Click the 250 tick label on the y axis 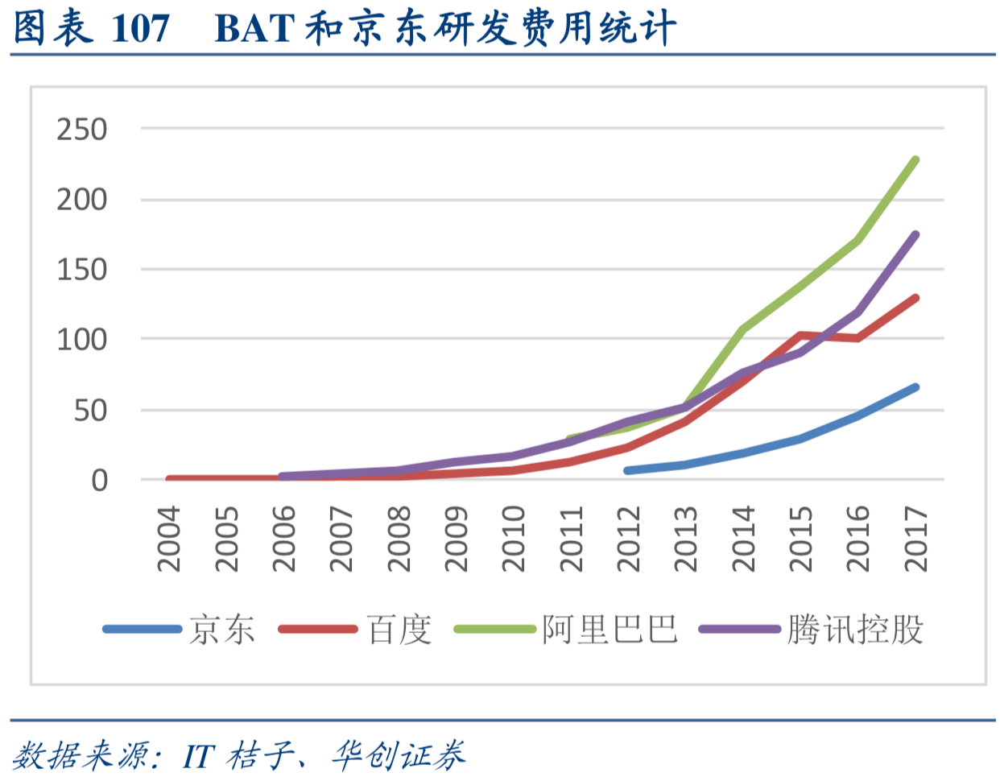(x=81, y=129)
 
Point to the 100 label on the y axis (x=81, y=340)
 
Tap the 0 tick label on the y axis (x=99, y=481)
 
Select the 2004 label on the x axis (x=168, y=539)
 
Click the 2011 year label (x=571, y=539)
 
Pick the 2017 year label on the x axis (x=915, y=539)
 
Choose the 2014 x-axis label (x=743, y=539)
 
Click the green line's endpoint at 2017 (x=915, y=160)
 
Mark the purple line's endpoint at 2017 (x=915, y=235)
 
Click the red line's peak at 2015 (x=800, y=335)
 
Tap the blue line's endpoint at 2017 (x=915, y=387)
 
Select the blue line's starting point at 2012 (x=628, y=470)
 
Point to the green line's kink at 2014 (x=742, y=329)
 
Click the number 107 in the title (x=140, y=29)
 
